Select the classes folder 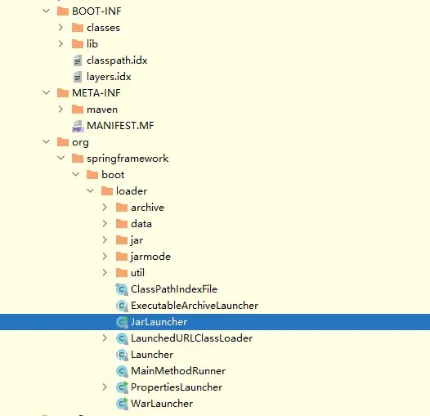click(103, 28)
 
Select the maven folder click(102, 110)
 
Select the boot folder click(113, 175)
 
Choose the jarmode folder click(150, 257)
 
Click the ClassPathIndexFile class click(173, 289)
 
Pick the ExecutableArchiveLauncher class click(194, 306)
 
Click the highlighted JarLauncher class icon click(123, 322)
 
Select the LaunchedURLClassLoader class click(191, 338)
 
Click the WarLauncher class click(161, 404)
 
